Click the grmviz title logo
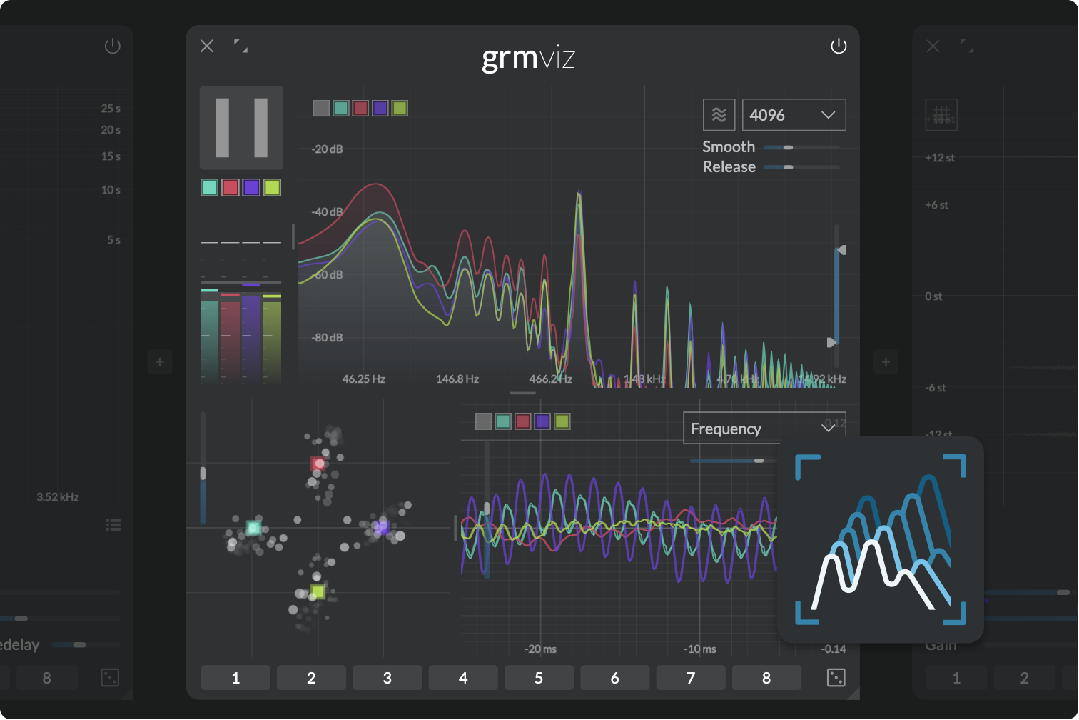(528, 58)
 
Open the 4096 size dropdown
(794, 115)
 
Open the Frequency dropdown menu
(764, 429)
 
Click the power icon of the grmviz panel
(839, 46)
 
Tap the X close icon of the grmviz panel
(207, 46)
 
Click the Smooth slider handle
(788, 147)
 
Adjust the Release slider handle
(788, 167)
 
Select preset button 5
(539, 678)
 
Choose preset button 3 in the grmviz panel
(387, 678)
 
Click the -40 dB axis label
(327, 212)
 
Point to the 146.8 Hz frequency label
(457, 379)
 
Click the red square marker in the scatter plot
(318, 464)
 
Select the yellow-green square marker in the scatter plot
(318, 592)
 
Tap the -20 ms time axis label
(540, 649)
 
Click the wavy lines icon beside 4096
(719, 115)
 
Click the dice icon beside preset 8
(836, 678)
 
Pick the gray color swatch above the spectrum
(321, 109)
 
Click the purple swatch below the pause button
(251, 188)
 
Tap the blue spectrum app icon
(881, 539)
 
